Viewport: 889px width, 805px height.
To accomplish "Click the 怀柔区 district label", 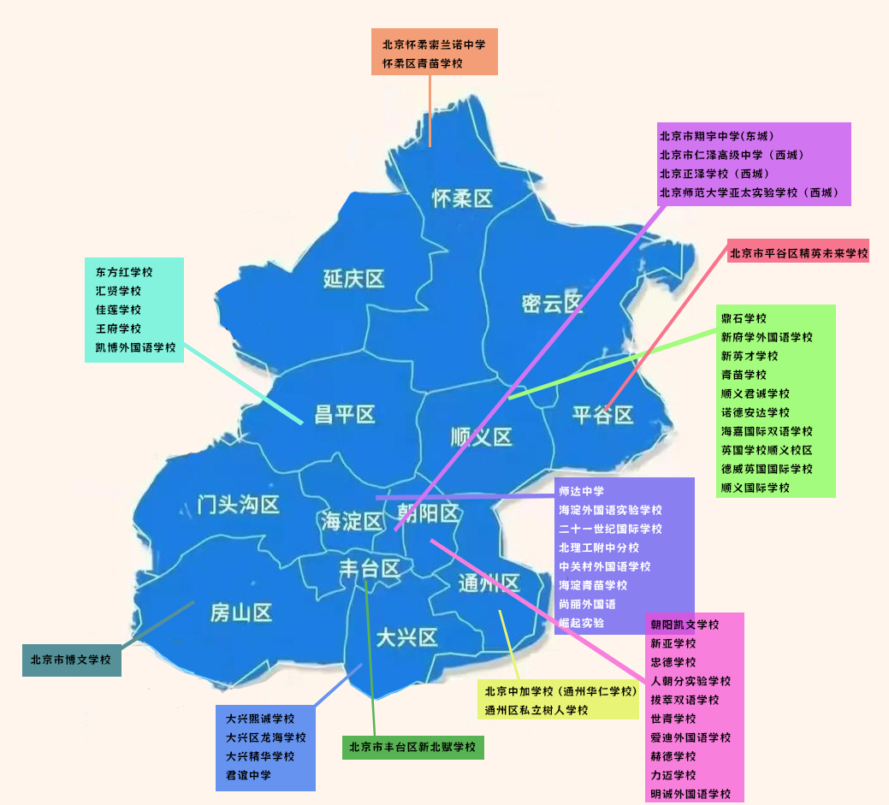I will click(462, 199).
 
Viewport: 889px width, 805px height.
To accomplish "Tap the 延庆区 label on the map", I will click(353, 278).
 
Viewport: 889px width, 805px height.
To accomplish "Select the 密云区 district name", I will click(552, 303).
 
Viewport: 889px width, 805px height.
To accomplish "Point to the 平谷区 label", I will click(603, 415).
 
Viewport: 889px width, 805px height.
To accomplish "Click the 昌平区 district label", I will click(345, 415).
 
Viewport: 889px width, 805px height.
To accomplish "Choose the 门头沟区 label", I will click(238, 505).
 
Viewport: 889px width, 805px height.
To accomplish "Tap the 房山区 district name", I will click(241, 613).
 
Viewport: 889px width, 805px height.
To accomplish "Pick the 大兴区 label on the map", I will click(406, 637).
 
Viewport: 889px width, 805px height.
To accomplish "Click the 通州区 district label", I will click(489, 583).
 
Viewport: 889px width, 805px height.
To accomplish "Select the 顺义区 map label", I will click(481, 437).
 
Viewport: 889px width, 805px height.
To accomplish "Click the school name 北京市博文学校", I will click(71, 660).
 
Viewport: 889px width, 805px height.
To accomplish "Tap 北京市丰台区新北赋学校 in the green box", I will click(412, 747).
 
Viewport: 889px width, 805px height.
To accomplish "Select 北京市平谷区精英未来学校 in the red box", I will click(798, 253).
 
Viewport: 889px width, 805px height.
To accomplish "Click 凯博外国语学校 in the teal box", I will click(135, 347).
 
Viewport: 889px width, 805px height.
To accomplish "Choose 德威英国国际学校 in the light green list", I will click(767, 469).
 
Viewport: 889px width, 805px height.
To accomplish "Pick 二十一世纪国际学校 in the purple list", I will click(610, 529).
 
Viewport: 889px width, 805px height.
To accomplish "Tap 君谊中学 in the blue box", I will click(248, 775).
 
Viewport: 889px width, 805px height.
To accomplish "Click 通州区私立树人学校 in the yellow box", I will click(536, 710).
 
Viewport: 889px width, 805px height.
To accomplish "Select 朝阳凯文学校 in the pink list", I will click(685, 624).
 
